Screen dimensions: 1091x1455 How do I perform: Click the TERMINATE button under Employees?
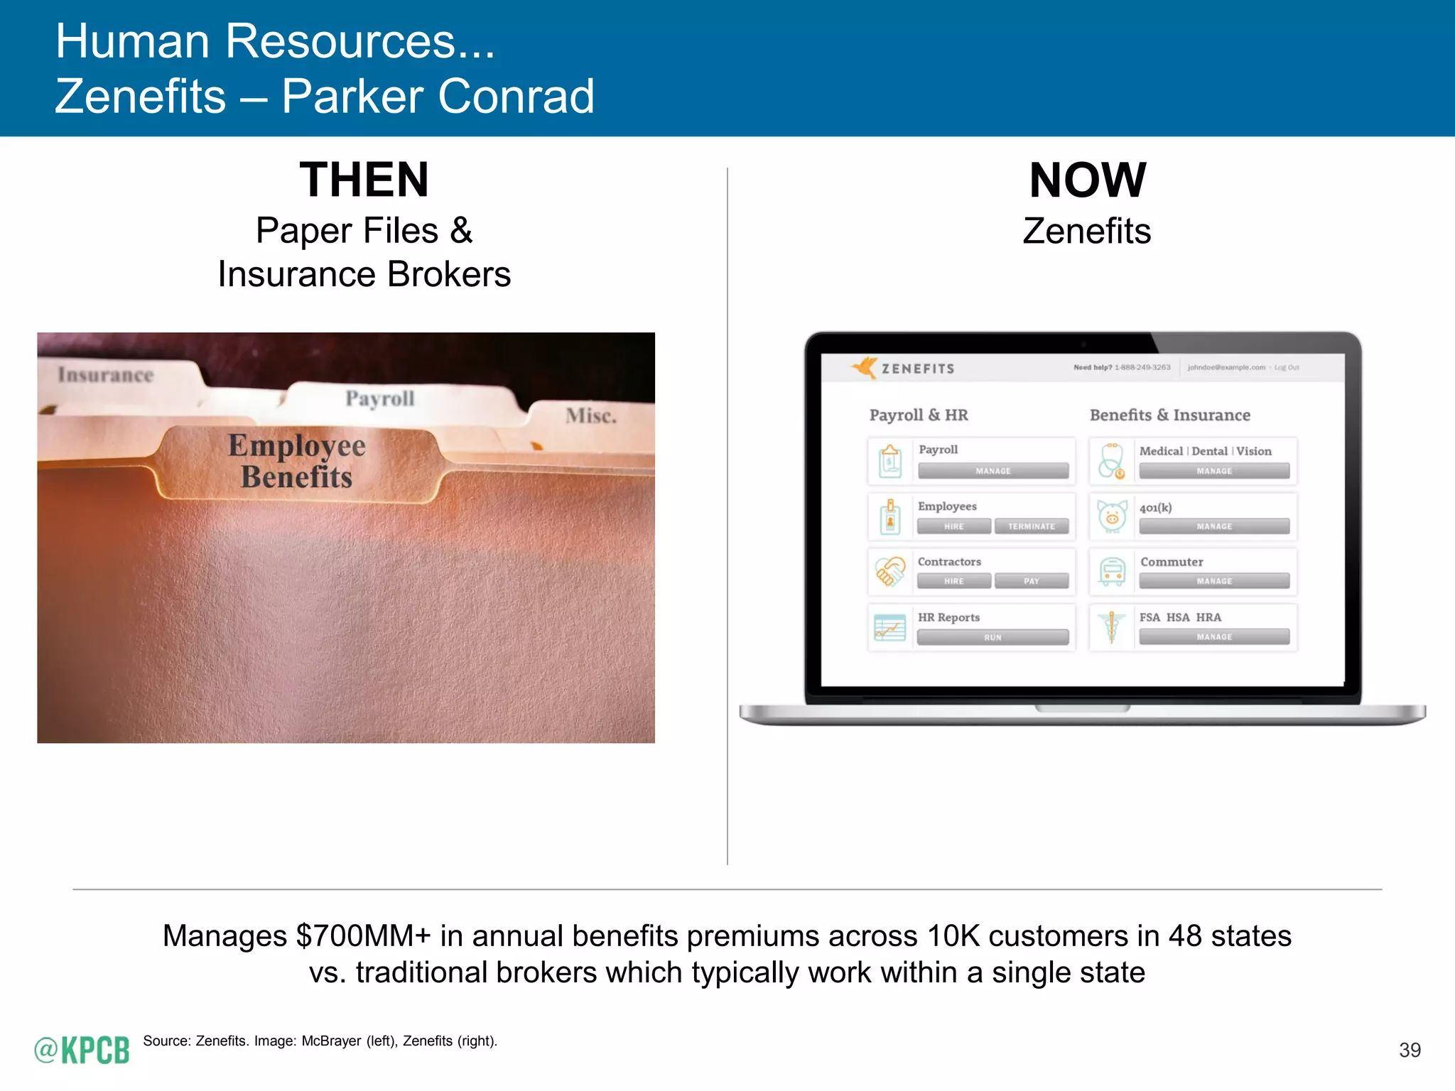pos(1031,526)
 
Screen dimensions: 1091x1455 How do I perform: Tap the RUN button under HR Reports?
pos(992,637)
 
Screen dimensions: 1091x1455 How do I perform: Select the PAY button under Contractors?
pos(1031,581)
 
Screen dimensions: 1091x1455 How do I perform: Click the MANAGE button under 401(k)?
pos(1213,526)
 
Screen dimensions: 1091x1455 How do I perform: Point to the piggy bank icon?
pos(1112,516)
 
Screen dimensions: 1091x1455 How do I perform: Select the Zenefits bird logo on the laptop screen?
pos(865,367)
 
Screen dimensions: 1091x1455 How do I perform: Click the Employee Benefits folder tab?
pos(297,462)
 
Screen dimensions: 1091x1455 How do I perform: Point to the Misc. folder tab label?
pos(591,416)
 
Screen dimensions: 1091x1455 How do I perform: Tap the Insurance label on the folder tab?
pos(106,375)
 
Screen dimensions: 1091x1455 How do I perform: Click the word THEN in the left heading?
pos(364,180)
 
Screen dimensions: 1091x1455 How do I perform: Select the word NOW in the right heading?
pos(1087,180)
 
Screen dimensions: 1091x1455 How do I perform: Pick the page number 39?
pos(1410,1050)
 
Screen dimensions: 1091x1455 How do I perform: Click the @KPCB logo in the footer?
pos(82,1050)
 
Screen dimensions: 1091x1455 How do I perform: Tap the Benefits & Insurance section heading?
pos(1169,415)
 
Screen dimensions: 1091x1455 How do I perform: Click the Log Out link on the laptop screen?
pos(1287,367)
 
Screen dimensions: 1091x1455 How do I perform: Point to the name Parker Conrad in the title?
pos(438,97)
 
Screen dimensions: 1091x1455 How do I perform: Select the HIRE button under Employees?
pos(953,526)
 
